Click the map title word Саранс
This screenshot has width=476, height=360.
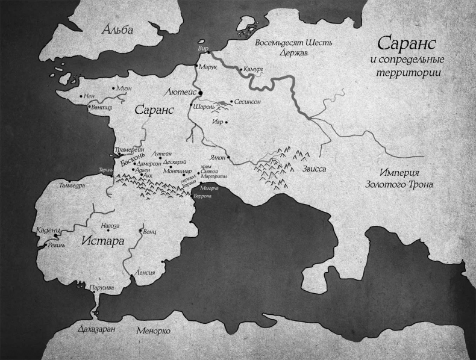tap(409, 45)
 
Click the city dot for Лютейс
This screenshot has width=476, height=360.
tap(201, 92)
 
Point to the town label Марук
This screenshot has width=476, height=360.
tap(208, 67)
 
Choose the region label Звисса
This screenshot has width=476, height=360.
tap(313, 169)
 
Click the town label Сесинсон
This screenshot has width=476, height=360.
tap(247, 103)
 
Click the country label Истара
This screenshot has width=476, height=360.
tap(102, 241)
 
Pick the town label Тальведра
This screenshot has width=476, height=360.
tap(72, 185)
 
